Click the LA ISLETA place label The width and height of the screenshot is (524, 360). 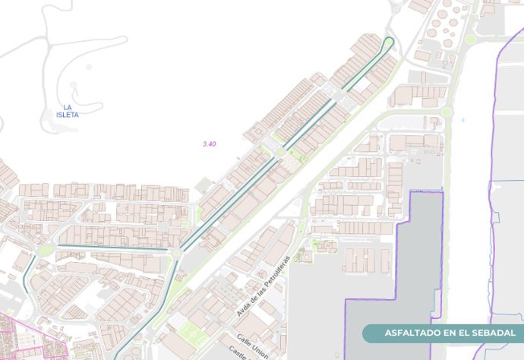[x=68, y=111]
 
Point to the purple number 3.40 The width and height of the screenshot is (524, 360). [x=210, y=144]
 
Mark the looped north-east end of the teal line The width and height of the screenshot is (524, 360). [x=390, y=43]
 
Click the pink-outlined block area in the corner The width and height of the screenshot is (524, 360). [x=23, y=338]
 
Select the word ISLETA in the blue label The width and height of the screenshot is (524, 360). [x=68, y=115]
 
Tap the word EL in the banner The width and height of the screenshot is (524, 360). [x=472, y=333]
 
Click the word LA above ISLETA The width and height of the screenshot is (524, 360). [x=68, y=107]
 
